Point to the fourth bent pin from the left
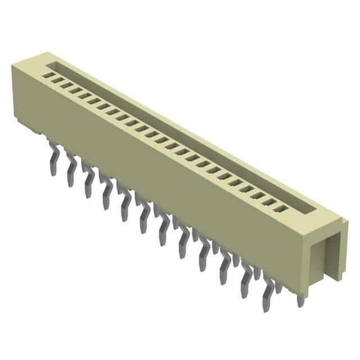click(106, 193)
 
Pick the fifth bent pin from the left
click(124, 205)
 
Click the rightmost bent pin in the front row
click(268, 296)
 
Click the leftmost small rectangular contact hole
click(49, 74)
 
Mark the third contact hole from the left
click(66, 84)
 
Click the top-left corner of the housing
click(12, 66)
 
